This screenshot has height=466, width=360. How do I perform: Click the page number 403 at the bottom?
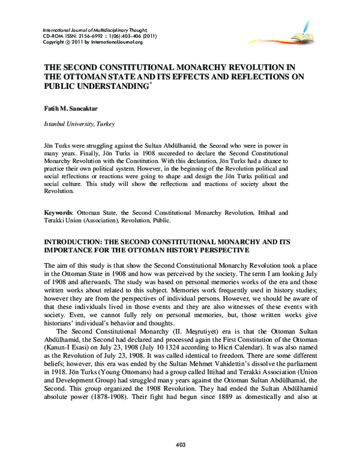(180, 444)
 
